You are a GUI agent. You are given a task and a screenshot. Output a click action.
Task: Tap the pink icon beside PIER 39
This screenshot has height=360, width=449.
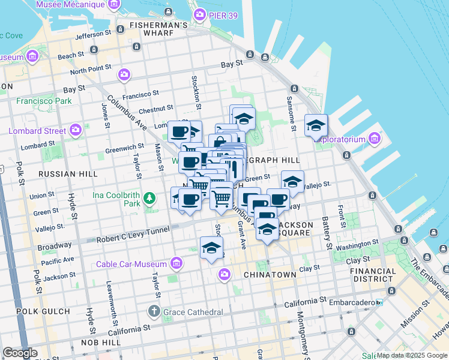tap(199, 14)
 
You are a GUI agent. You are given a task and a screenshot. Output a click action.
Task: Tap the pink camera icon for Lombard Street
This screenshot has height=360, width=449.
tap(76, 130)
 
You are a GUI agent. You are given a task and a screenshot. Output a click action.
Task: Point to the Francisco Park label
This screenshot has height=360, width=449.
tap(44, 101)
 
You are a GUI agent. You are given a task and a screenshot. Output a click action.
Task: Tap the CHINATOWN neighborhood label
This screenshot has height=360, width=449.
tap(270, 274)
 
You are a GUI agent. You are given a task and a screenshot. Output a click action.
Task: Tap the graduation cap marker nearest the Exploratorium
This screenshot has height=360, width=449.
tap(316, 126)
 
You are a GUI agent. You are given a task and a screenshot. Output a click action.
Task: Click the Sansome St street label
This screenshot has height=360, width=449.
tap(290, 113)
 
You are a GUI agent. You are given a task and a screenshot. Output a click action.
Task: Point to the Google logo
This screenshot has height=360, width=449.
tap(20, 353)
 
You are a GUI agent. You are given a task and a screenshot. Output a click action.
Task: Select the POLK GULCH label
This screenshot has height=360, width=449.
tap(39, 312)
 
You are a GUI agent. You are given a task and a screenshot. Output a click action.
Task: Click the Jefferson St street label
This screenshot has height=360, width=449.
tap(94, 35)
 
